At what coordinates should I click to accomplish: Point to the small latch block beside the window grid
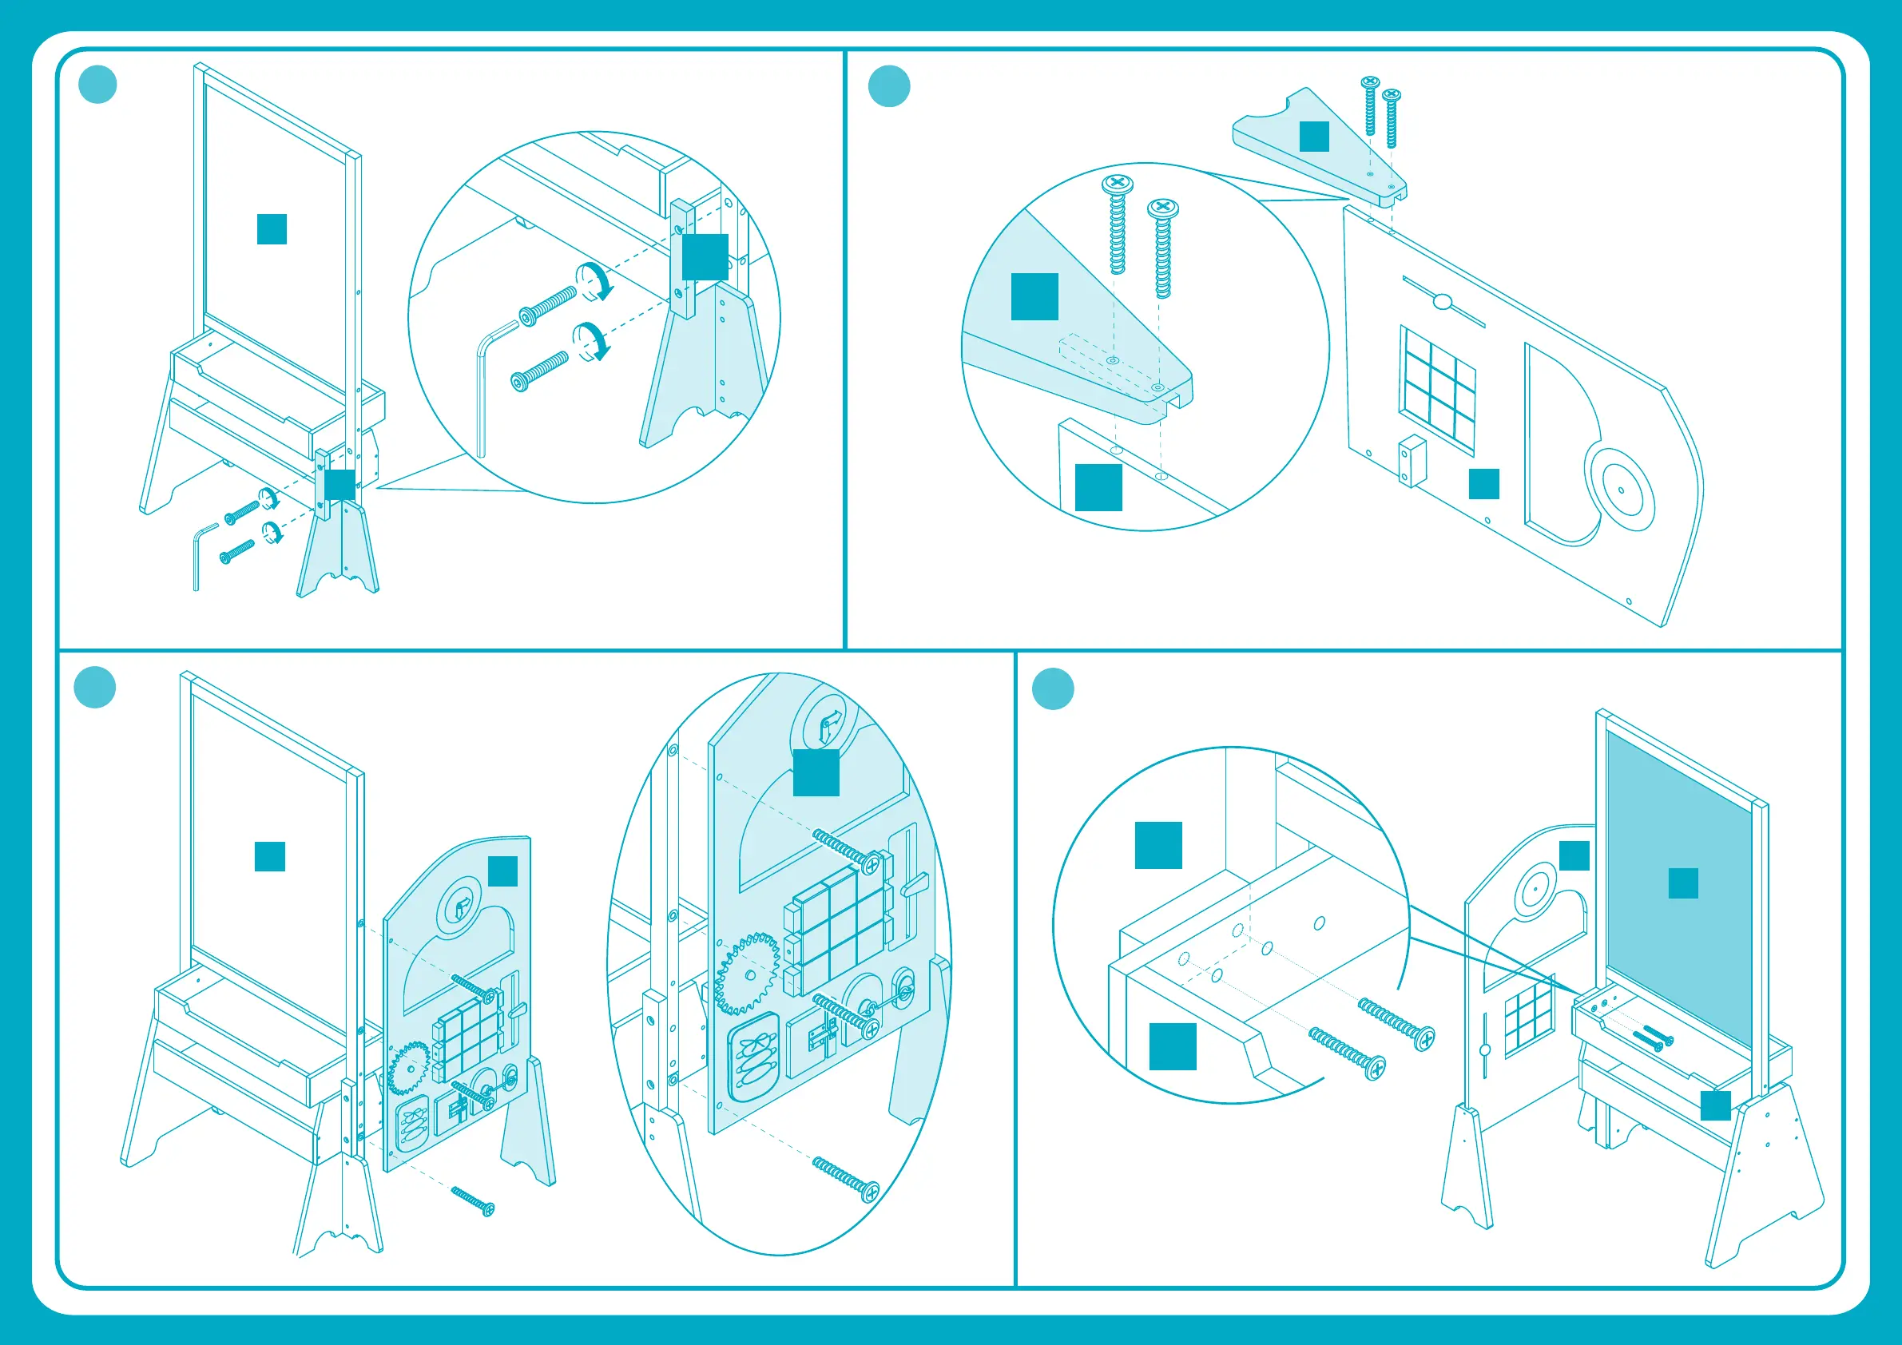click(x=1412, y=461)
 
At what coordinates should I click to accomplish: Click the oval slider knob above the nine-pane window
click(x=1442, y=302)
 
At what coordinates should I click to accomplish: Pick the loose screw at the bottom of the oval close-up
click(x=846, y=1180)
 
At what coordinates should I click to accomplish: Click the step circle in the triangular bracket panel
click(x=889, y=86)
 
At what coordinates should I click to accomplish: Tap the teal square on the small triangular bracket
click(x=1314, y=137)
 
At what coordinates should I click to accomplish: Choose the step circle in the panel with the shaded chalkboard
click(x=1053, y=688)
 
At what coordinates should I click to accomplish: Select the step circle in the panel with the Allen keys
click(x=97, y=85)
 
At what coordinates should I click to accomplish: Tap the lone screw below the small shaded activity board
click(x=473, y=1200)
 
